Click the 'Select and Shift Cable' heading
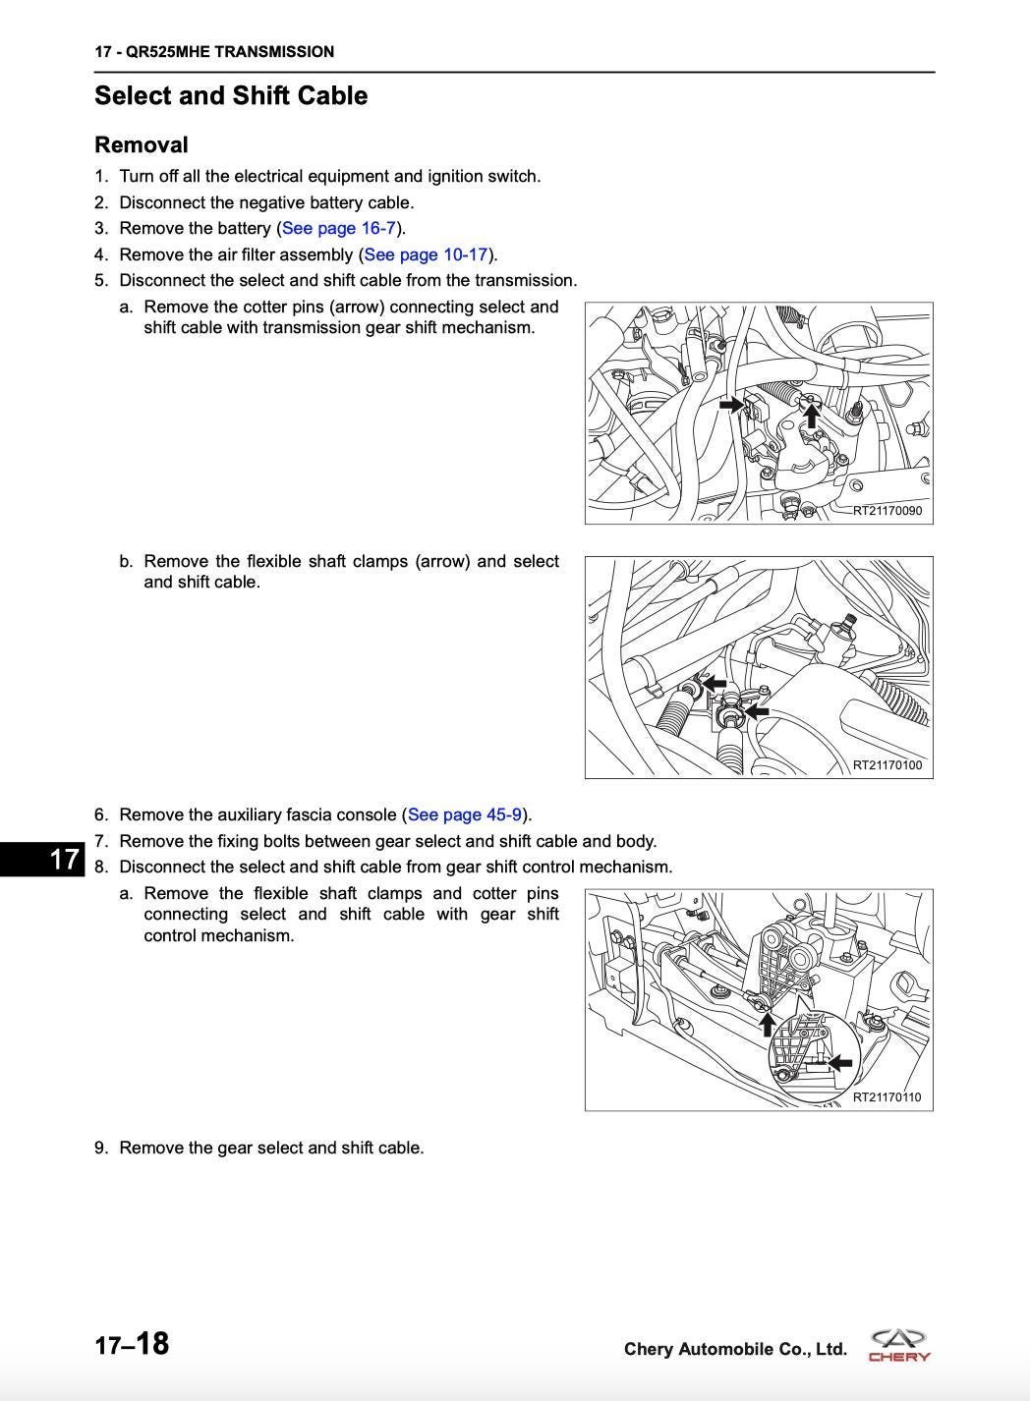(231, 96)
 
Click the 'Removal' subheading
(141, 145)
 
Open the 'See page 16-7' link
(338, 228)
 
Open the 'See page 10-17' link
(426, 254)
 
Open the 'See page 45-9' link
(465, 814)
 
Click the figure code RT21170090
(887, 511)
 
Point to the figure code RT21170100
(887, 765)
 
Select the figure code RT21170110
(887, 1097)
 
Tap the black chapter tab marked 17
(44, 859)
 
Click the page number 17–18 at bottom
(132, 1344)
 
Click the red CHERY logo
(899, 1346)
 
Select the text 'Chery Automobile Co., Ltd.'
(735, 1349)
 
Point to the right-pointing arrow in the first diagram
(731, 404)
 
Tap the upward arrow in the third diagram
(768, 1024)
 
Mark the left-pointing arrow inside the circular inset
(839, 1062)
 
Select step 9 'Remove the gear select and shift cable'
(271, 1148)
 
